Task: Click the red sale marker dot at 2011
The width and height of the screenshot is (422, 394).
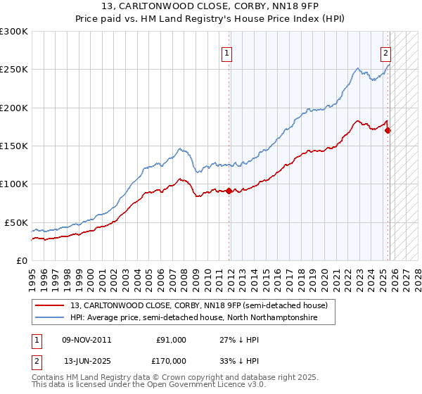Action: tap(229, 191)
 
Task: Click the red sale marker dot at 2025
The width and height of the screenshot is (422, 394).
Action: tap(388, 131)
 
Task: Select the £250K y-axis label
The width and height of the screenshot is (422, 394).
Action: tap(14, 70)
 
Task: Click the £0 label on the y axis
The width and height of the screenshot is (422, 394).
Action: tap(21, 260)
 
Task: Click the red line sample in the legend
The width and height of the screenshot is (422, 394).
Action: tap(51, 306)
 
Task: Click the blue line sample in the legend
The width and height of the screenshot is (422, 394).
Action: tap(51, 318)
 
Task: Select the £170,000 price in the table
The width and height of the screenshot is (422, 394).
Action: tap(171, 361)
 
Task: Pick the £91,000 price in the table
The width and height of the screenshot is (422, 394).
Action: tap(171, 340)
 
